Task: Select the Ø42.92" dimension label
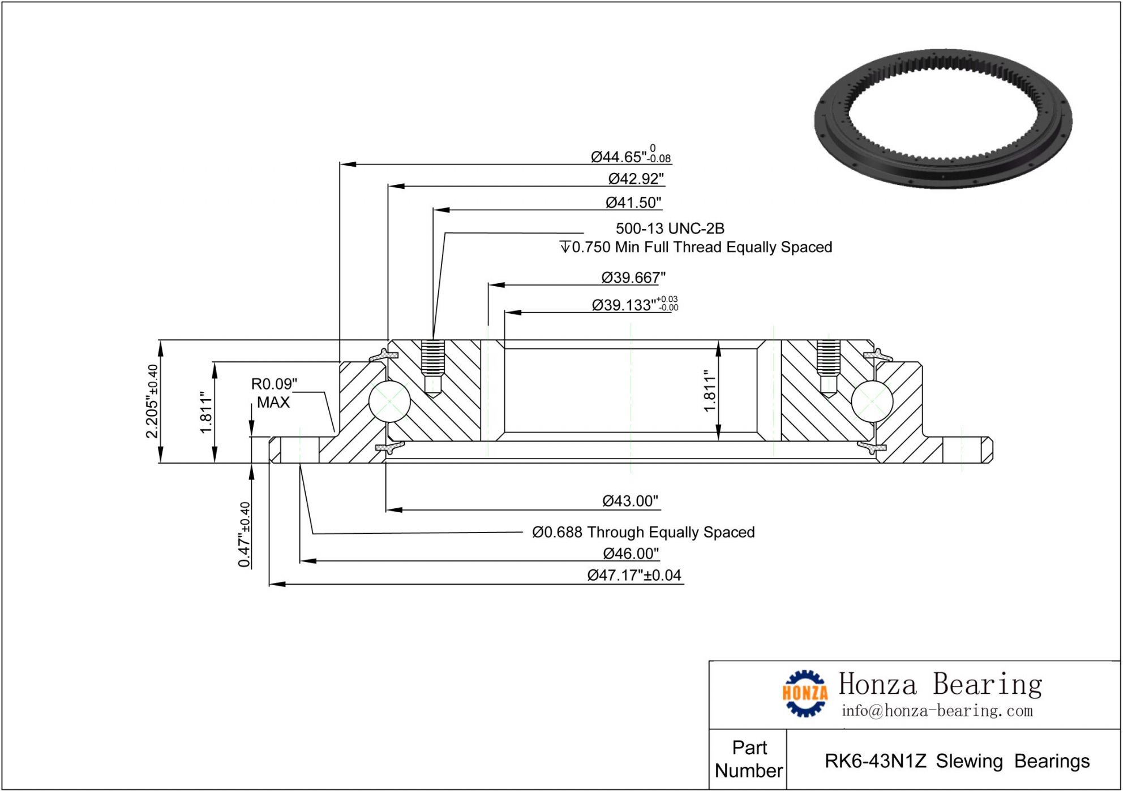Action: (x=636, y=179)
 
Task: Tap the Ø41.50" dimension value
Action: (x=633, y=202)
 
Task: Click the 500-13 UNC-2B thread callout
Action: (x=670, y=228)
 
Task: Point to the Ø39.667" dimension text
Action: (x=633, y=278)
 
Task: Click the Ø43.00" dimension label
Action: (x=630, y=501)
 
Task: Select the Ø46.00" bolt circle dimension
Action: (x=631, y=554)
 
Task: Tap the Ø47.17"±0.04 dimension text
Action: (x=634, y=575)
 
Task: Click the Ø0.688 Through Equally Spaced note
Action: (x=643, y=532)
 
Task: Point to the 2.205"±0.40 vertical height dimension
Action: (x=152, y=401)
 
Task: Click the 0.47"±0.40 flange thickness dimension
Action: (x=244, y=534)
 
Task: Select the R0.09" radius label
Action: (x=273, y=384)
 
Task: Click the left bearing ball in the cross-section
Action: (x=389, y=401)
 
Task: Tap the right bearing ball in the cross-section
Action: (x=872, y=401)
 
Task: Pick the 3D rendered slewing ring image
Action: (x=943, y=119)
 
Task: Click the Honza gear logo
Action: (x=804, y=693)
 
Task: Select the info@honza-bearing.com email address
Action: (x=937, y=711)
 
